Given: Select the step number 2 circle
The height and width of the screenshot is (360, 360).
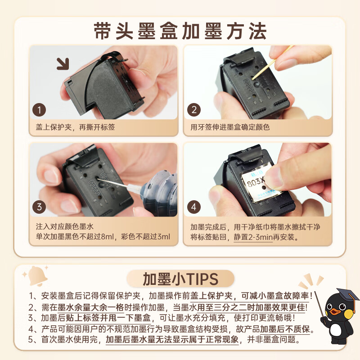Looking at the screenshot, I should pos(194,109).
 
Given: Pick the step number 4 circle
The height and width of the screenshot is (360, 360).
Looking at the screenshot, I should pos(194,207).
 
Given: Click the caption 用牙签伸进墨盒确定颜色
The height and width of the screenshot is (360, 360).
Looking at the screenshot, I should pos(230,127).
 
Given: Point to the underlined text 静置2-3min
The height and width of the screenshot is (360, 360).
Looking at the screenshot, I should pos(253,237).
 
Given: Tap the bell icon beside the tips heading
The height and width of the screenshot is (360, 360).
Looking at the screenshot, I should pos(36,276).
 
